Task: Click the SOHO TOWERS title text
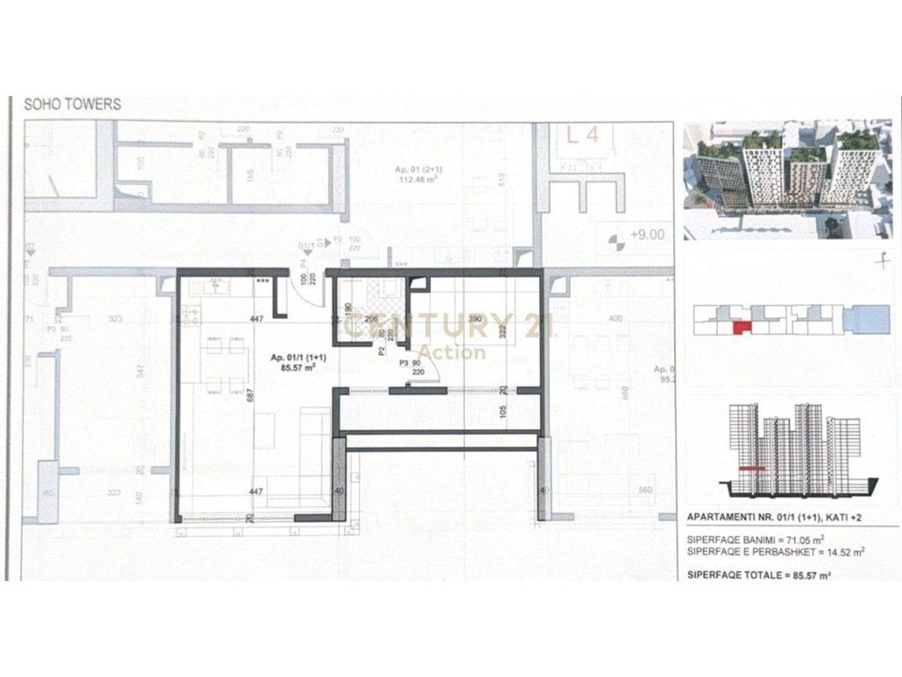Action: [72, 104]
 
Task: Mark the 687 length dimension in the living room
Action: [252, 398]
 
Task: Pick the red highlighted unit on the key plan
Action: [741, 328]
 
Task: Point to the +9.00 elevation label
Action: [647, 234]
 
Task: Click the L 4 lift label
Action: [583, 136]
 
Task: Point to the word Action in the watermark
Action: [453, 353]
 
